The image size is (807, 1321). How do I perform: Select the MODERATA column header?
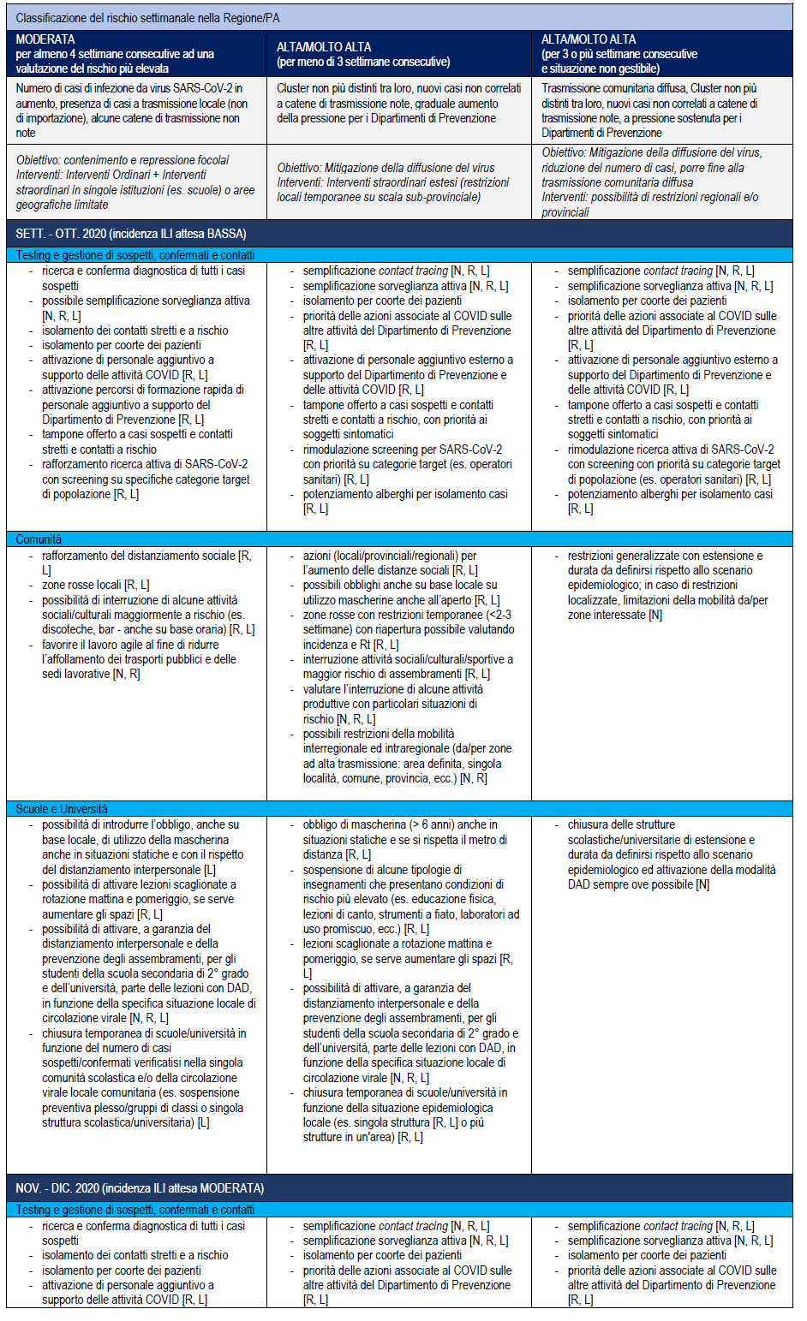[x=45, y=39]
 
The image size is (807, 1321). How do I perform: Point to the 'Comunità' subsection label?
[x=39, y=539]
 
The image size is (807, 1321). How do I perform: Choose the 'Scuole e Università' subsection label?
[x=62, y=809]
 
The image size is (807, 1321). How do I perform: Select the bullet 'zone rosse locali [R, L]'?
[x=95, y=585]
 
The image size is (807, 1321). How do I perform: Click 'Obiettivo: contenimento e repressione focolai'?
[x=123, y=160]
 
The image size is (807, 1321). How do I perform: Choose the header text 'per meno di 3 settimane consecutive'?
[x=363, y=62]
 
